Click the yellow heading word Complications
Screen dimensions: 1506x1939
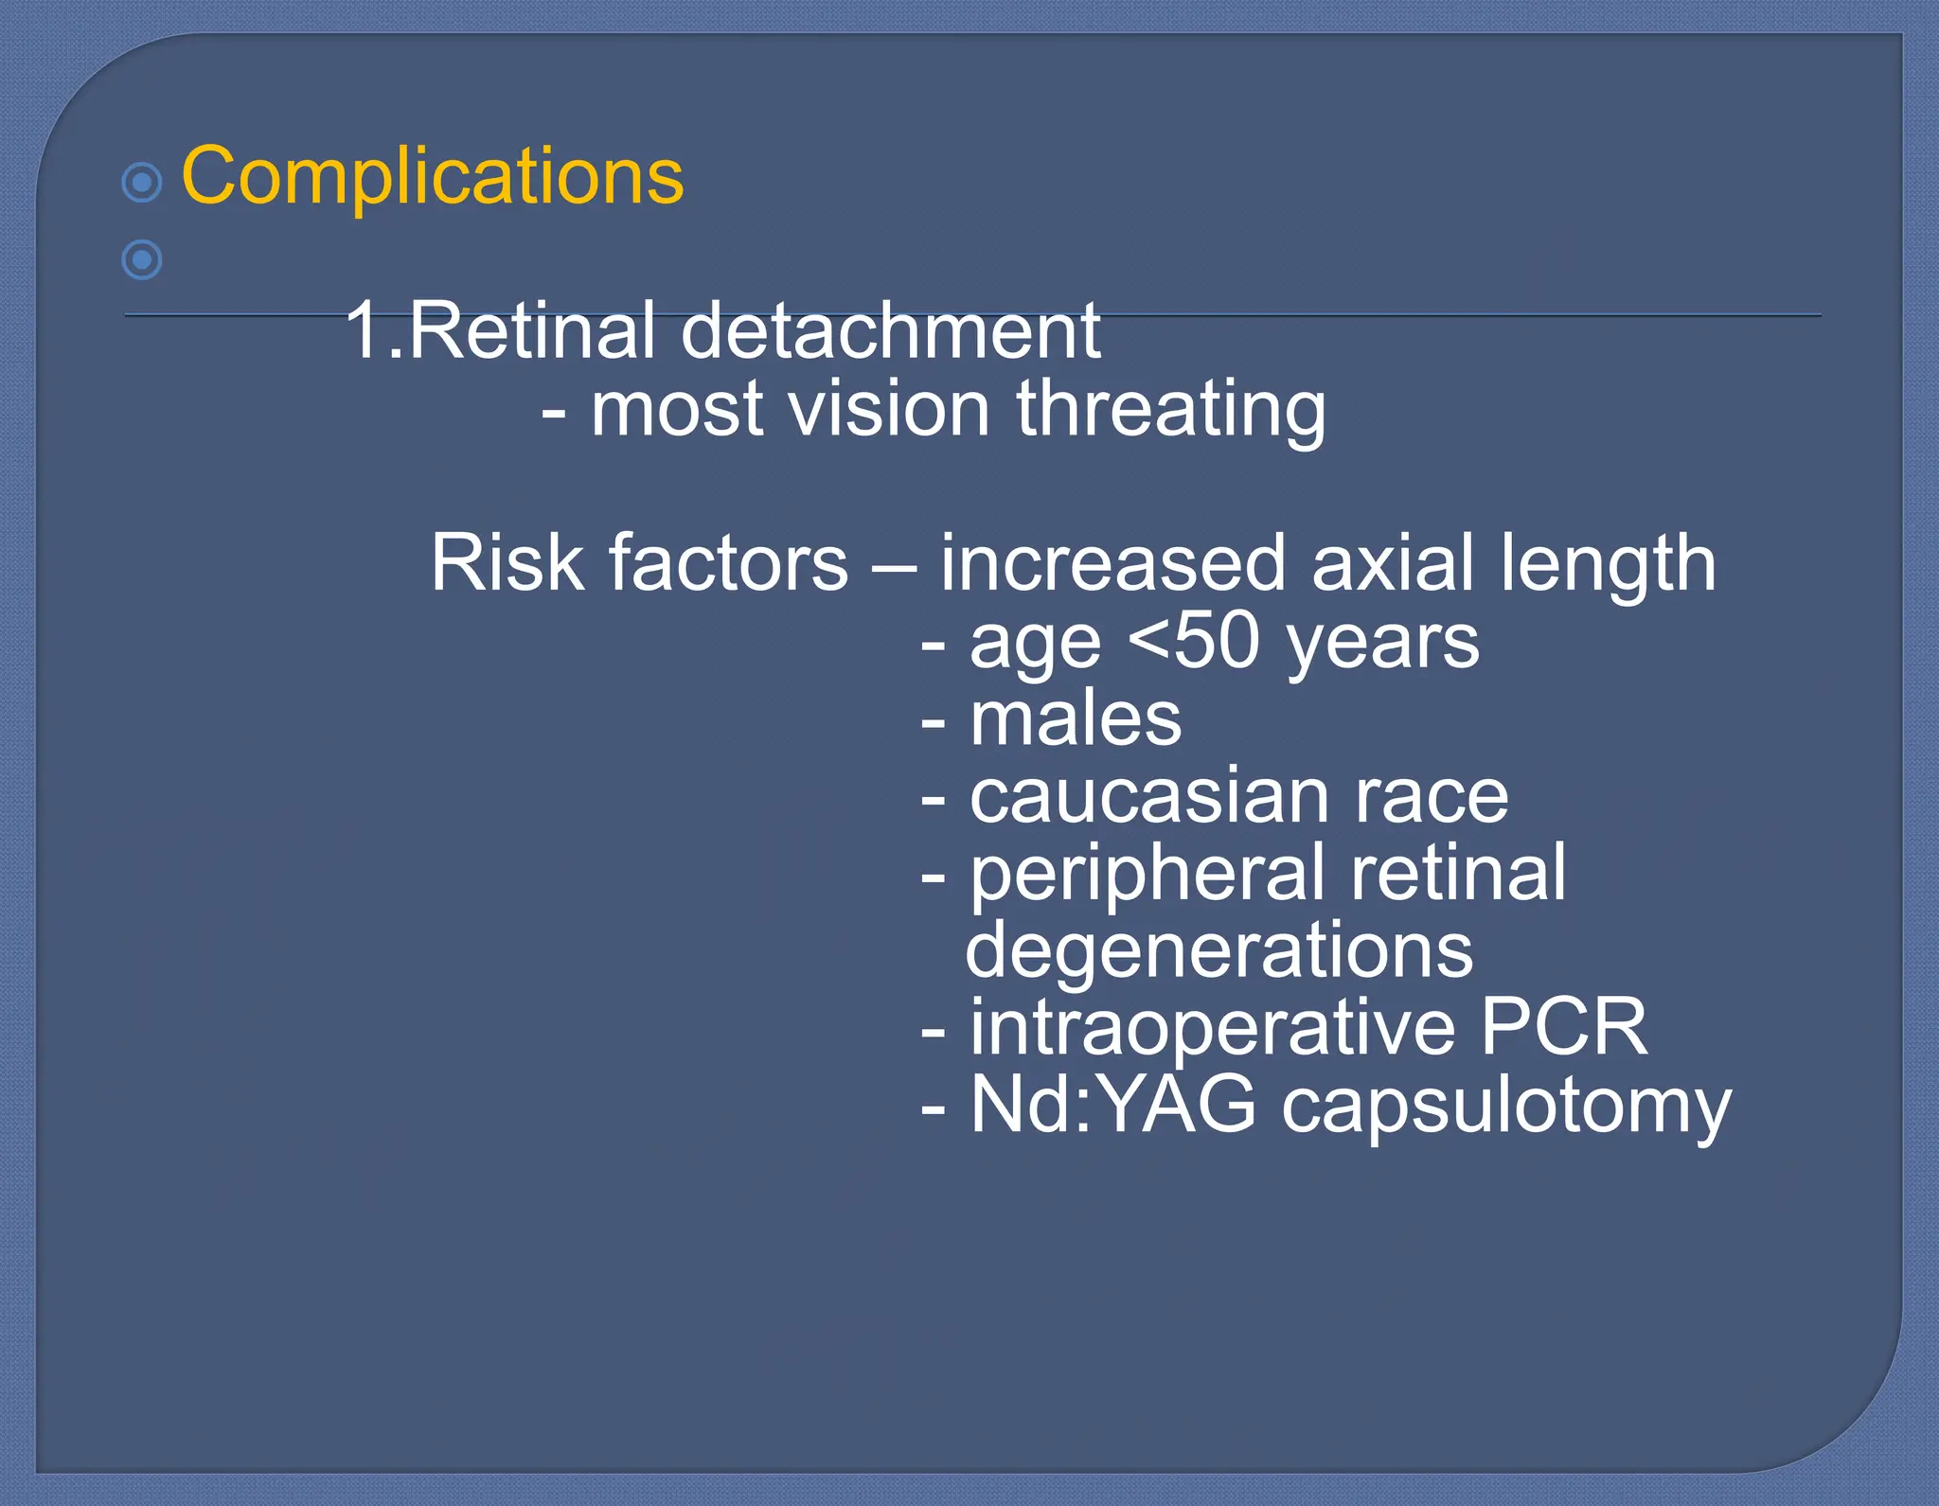[432, 177]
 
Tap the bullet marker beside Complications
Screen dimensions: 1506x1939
[142, 182]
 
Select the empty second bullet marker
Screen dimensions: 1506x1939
[142, 259]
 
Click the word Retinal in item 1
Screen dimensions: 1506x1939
[531, 330]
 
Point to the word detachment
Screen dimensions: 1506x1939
[890, 330]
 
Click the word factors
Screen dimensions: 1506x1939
[728, 563]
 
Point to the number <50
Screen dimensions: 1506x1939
[1195, 641]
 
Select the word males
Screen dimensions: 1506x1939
[1076, 718]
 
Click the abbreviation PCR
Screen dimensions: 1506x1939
[1563, 1027]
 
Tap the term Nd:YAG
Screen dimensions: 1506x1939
[1112, 1105]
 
